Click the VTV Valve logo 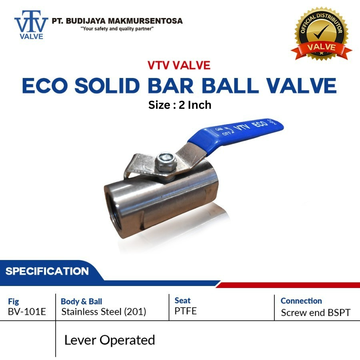pos(31,25)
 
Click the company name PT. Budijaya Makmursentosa pos(117,21)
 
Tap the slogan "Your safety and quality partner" pos(117,29)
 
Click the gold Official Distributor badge pos(322,34)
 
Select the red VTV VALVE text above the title pos(179,65)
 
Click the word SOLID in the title pos(107,86)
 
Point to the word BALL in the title pos(230,86)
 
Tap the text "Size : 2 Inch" pos(180,105)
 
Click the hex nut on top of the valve pos(166,162)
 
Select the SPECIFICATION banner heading pos(47,271)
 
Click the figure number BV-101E pos(27,312)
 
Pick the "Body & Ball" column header pos(81,302)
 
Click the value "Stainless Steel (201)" pos(104,312)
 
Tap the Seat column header pos(182,300)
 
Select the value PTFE pos(186,311)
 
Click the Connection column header pos(301,301)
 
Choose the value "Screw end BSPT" pos(316,313)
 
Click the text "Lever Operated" pos(110,340)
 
